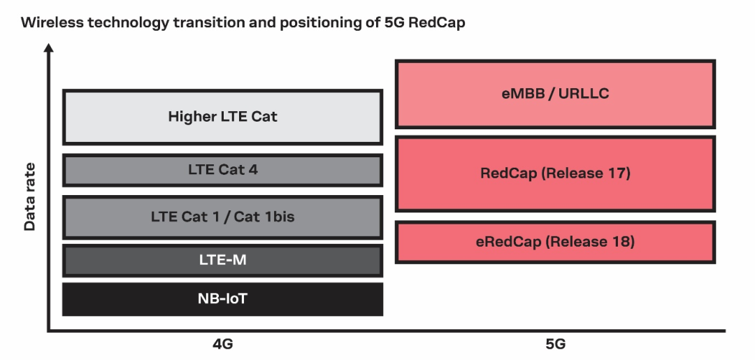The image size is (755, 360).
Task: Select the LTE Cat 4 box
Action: pos(222,170)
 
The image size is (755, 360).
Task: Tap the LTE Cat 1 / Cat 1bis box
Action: pos(222,217)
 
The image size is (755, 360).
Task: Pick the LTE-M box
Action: pos(222,260)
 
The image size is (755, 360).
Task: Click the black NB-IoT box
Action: pos(222,299)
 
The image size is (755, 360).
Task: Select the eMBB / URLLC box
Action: pos(555,94)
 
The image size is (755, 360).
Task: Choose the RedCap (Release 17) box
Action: pos(555,173)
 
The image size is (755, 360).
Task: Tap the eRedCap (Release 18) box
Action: pos(555,242)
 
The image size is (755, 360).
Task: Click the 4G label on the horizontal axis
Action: pos(222,345)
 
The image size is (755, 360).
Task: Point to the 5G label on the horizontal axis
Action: pos(555,345)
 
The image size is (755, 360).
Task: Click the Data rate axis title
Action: pos(29,197)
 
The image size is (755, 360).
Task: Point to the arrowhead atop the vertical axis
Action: pos(48,48)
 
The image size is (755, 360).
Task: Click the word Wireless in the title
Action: pos(50,22)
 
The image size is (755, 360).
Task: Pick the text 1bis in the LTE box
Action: pos(278,217)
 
